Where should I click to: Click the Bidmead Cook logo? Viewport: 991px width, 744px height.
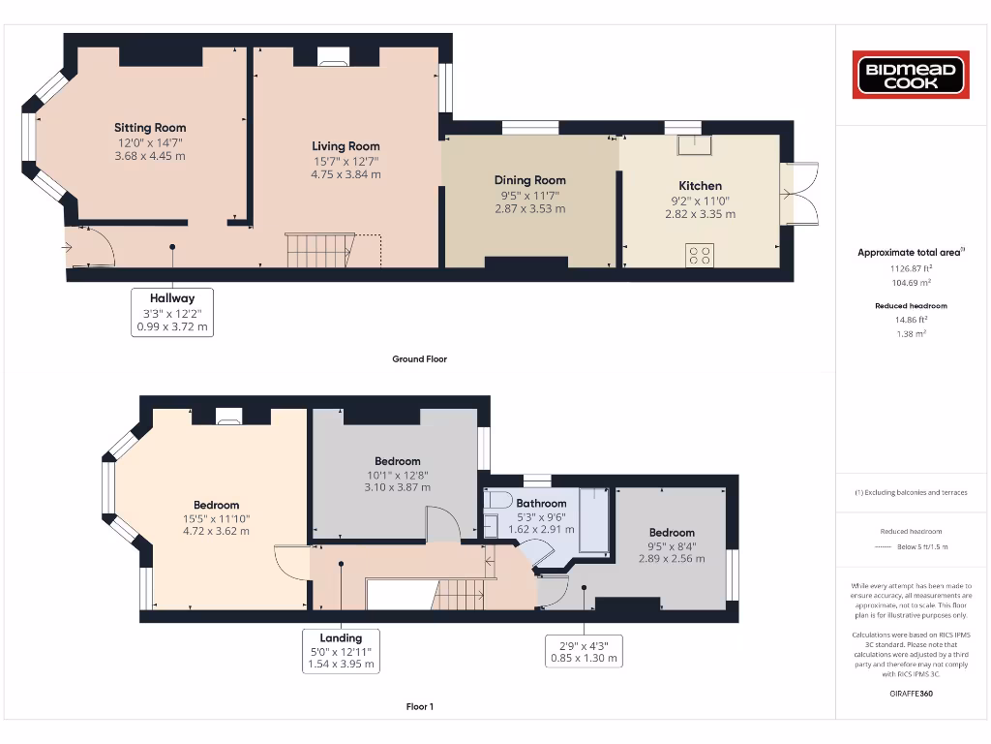tap(910, 75)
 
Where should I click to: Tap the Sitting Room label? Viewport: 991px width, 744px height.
tap(150, 128)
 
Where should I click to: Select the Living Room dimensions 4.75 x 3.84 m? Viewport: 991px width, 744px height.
tap(345, 174)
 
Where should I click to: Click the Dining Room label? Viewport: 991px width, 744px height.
tap(529, 180)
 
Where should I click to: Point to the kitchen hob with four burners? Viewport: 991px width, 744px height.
tap(700, 255)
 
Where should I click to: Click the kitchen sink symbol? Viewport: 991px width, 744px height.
tap(692, 144)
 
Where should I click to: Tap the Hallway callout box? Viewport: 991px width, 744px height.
tap(171, 313)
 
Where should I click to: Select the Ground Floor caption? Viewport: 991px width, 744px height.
tap(419, 359)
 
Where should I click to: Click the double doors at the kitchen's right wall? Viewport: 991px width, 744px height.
tap(799, 194)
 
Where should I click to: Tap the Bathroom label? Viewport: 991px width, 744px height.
tap(541, 504)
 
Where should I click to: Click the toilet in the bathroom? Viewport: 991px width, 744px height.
tap(498, 501)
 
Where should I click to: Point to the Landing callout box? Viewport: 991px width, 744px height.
tap(341, 651)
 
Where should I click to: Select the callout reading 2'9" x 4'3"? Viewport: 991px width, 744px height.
tap(583, 651)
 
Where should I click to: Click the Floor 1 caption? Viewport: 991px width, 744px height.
tap(419, 707)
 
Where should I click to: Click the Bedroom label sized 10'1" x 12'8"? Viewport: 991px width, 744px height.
tap(397, 461)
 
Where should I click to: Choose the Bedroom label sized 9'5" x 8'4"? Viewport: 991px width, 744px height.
tap(672, 533)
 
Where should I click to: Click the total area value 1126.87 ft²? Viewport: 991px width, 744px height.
tap(911, 268)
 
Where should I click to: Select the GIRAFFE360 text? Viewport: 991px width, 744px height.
tap(911, 694)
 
